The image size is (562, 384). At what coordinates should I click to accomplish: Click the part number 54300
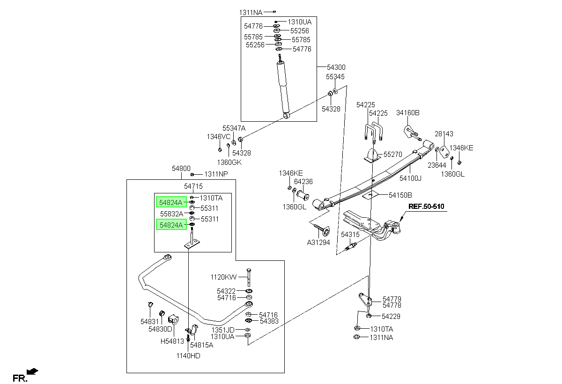tap(336, 67)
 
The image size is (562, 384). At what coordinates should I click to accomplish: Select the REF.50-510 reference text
tap(426, 207)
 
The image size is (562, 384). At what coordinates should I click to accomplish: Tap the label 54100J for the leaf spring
tap(410, 178)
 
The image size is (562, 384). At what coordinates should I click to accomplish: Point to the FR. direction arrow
tap(32, 371)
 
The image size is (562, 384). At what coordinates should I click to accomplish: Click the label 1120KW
tap(223, 277)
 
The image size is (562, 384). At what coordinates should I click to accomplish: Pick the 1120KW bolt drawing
tap(249, 277)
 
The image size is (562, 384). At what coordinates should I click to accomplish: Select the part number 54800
tap(181, 168)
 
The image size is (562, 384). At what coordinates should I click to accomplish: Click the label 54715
tap(193, 186)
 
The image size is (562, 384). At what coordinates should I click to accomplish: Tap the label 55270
tap(392, 154)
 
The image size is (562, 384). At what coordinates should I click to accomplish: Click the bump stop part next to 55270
tap(372, 155)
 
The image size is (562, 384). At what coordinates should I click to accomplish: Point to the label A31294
tap(318, 242)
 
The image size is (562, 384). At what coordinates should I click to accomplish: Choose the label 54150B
tap(400, 195)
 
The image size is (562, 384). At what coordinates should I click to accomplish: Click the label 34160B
tap(408, 112)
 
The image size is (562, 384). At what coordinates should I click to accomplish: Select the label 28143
tap(444, 133)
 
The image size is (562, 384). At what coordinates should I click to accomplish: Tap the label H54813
tap(172, 341)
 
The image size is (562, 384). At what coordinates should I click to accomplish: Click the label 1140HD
tap(188, 355)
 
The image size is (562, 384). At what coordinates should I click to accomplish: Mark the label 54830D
tap(160, 329)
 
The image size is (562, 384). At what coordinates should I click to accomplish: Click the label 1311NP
tap(216, 174)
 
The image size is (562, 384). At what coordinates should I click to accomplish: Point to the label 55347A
tap(234, 128)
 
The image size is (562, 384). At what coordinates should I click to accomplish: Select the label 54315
tap(350, 235)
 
